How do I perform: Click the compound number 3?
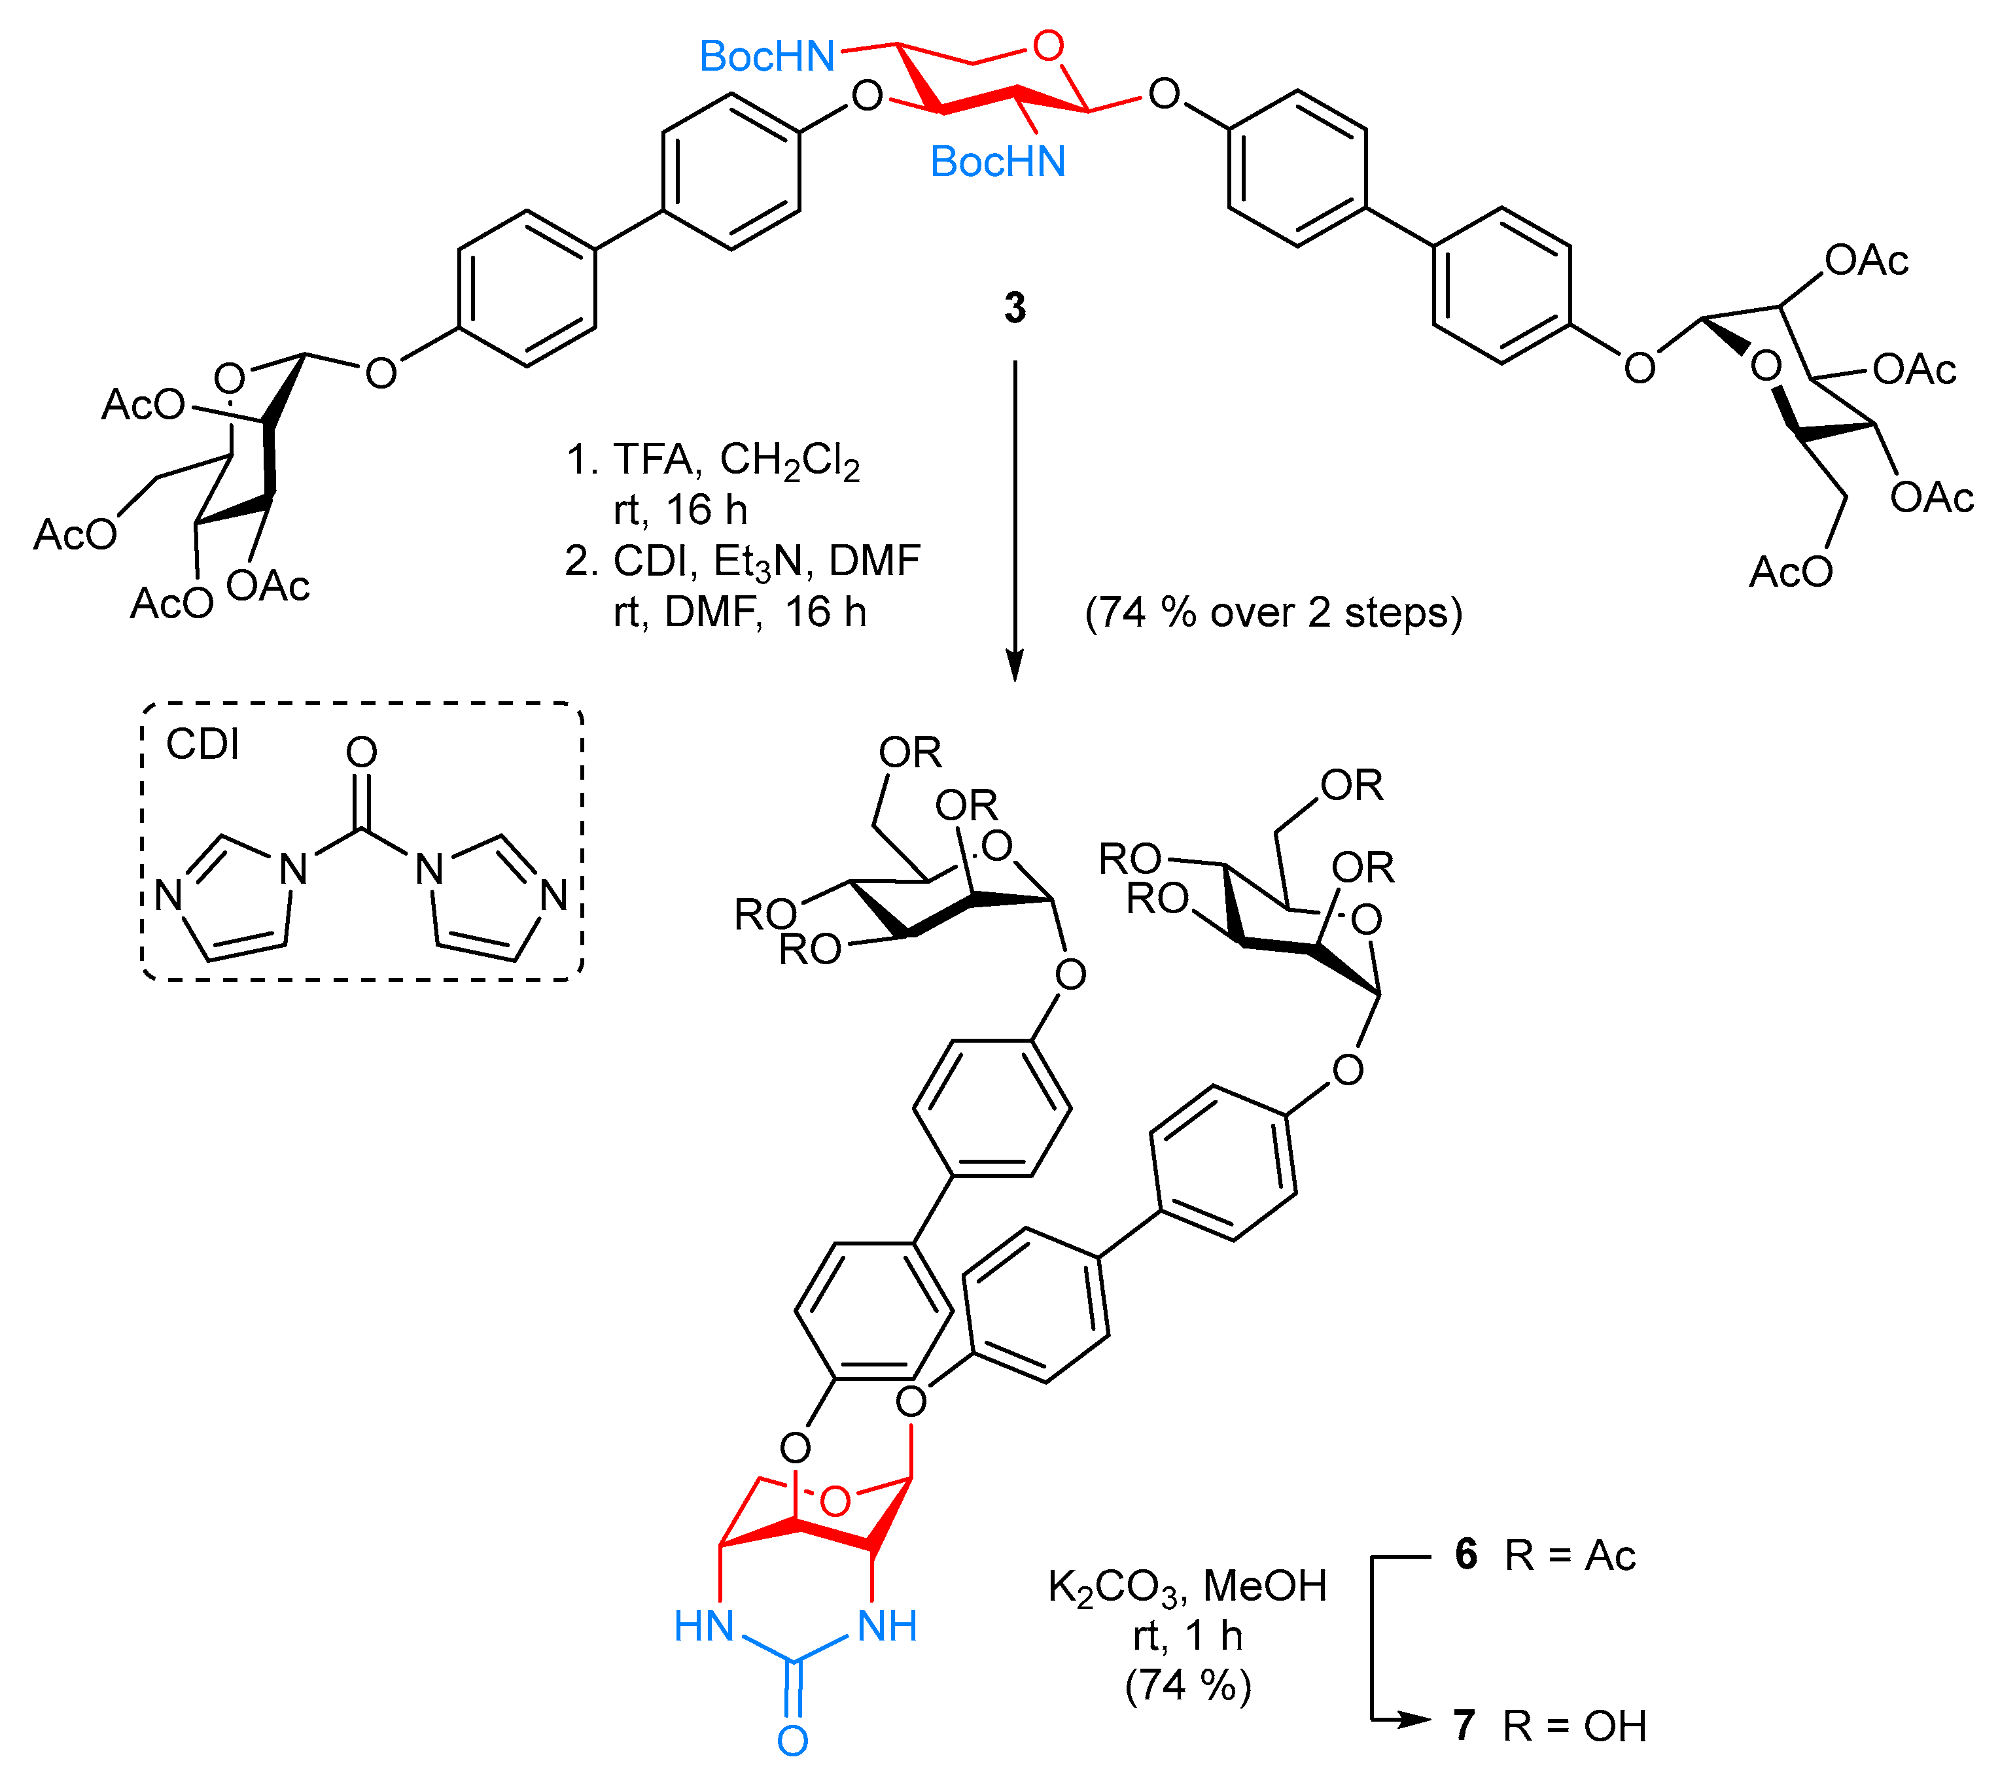(1015, 308)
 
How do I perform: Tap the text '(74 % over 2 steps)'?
(1274, 612)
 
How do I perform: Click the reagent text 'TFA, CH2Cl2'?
(736, 460)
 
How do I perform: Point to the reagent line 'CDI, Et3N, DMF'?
(765, 561)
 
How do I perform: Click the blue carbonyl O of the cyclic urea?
(792, 1741)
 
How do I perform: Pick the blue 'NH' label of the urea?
(888, 1627)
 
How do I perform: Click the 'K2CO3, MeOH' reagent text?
(1187, 1586)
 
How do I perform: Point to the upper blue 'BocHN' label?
(767, 56)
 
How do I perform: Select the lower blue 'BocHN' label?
(997, 162)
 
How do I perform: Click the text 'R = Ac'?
(1570, 1555)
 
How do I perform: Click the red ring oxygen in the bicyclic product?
(835, 1502)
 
